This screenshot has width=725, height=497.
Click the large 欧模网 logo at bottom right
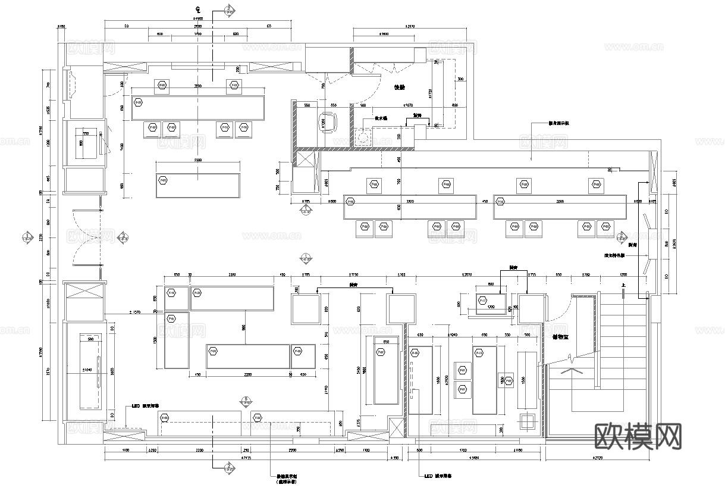(638, 437)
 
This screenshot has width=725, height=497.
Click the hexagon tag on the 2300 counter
(163, 180)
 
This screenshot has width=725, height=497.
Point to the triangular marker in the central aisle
(305, 258)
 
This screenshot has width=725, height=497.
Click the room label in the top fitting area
(399, 87)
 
